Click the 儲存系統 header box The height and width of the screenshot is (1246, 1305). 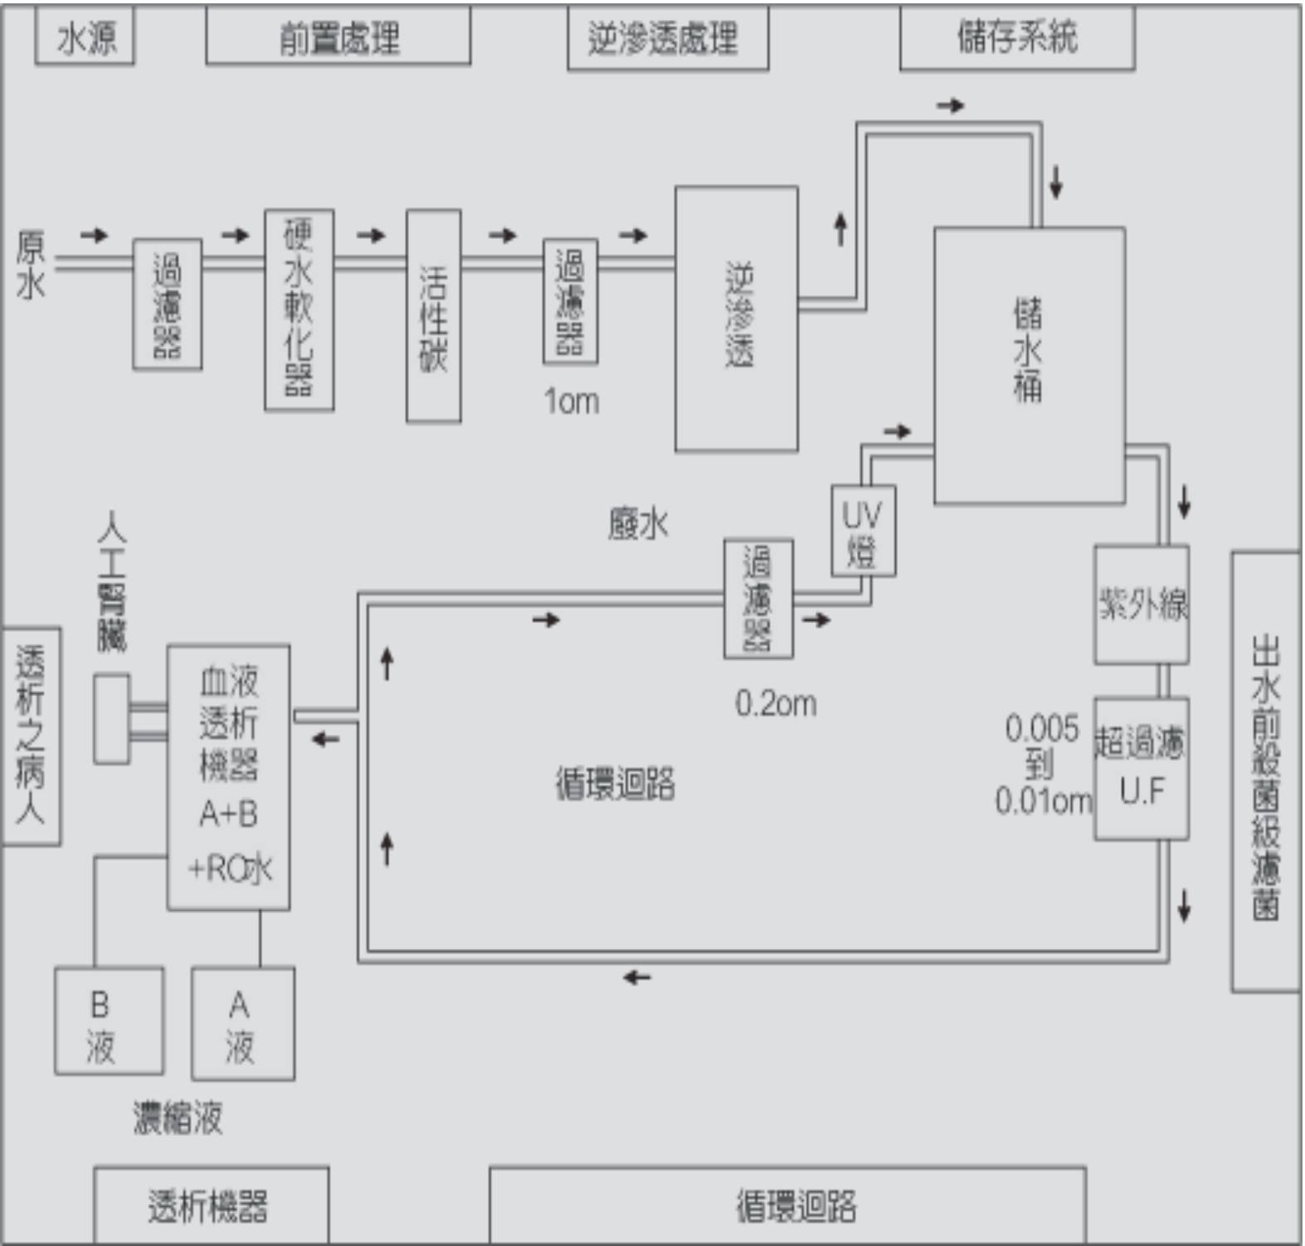coord(1016,37)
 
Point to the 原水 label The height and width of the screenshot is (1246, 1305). coord(31,265)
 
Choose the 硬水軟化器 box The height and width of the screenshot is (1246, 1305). coord(299,309)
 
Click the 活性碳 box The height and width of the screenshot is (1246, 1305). coord(433,316)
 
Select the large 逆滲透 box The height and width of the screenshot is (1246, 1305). coord(736,319)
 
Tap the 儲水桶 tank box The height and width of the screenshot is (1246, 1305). coord(1029,365)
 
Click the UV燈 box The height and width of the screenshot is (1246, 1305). coord(863,531)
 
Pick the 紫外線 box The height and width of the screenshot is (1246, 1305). coord(1142,604)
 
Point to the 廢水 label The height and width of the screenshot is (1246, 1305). coord(637,524)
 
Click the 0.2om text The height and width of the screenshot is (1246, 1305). coord(776,703)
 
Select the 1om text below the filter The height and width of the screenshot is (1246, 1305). coord(571,402)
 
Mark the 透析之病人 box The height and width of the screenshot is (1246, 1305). coord(31,736)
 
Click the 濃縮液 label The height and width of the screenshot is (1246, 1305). coord(178,1117)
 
